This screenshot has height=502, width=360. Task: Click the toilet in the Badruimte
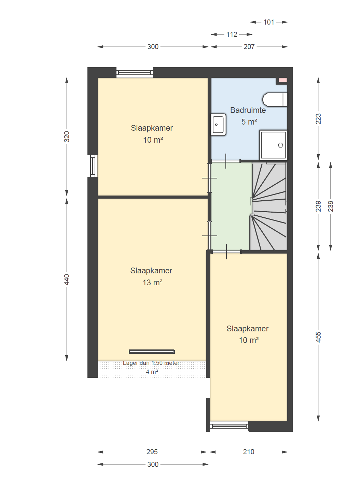(275, 99)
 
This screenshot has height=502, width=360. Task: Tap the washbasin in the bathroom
(218, 124)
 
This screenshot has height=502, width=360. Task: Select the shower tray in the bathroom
(274, 145)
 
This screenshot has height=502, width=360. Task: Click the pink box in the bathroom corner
(283, 80)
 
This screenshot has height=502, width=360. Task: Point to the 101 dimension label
(269, 22)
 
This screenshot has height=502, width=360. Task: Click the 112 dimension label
(232, 34)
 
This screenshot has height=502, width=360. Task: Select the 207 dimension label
(249, 47)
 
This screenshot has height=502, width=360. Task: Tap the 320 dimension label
(67, 137)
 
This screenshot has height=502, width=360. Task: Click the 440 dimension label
(67, 279)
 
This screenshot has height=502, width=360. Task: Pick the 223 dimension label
(318, 119)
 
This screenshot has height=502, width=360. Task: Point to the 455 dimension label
(318, 337)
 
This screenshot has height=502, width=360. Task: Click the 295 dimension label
(152, 452)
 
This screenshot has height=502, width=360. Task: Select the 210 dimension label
(249, 452)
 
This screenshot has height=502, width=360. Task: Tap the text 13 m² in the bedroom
(153, 283)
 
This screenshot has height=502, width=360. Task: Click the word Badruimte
(248, 110)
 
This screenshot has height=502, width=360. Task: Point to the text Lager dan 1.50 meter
(151, 363)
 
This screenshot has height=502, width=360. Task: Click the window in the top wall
(135, 73)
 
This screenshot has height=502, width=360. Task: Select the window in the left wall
(93, 166)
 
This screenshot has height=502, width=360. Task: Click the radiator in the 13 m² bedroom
(152, 352)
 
